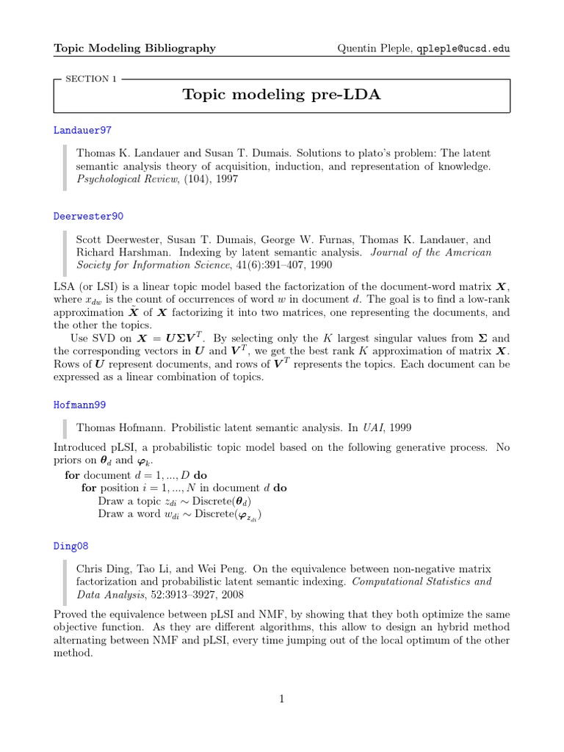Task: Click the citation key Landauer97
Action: click(82, 130)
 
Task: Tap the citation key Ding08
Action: click(72, 546)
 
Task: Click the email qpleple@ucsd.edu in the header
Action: click(463, 48)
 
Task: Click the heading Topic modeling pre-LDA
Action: click(281, 95)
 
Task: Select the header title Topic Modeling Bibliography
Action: click(135, 48)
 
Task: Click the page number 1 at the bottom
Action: click(281, 699)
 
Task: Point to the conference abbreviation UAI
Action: click(375, 427)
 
